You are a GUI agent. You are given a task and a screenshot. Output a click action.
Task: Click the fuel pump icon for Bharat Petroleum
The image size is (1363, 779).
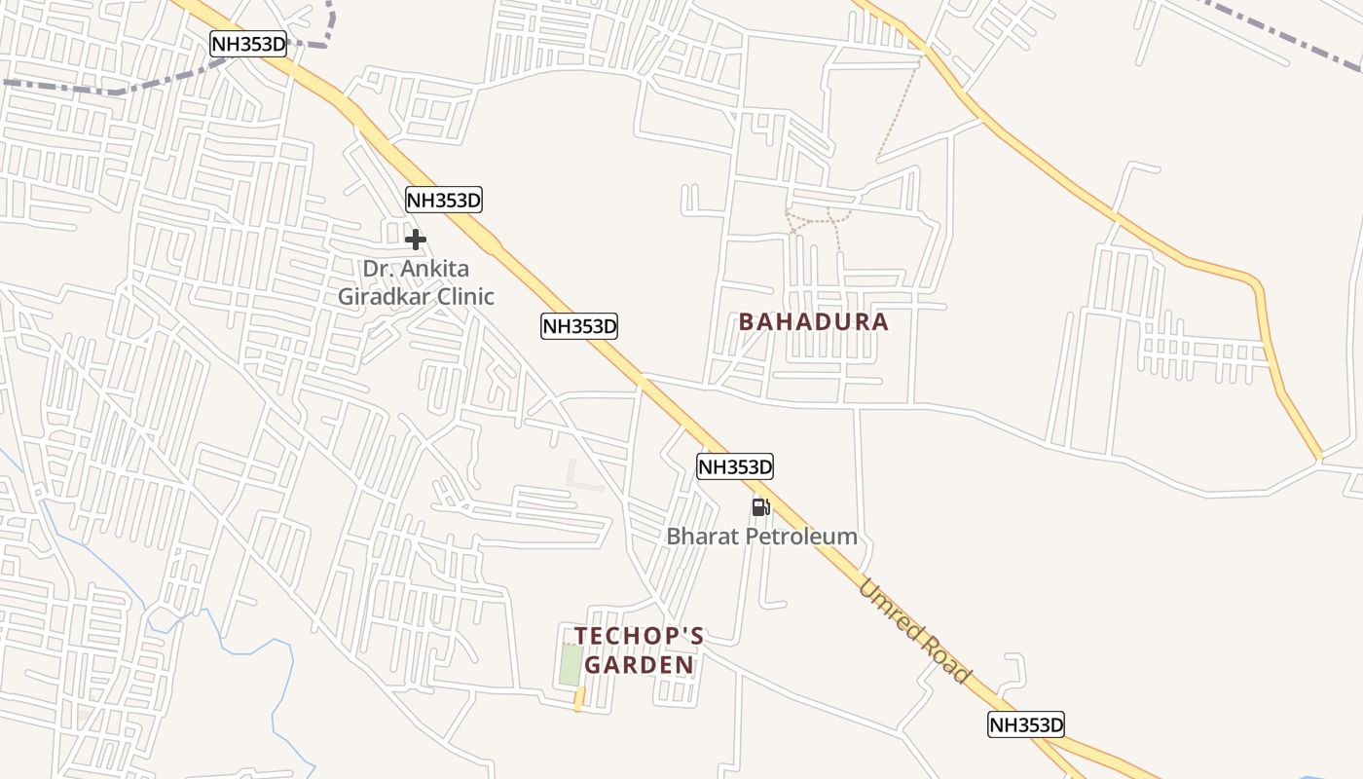pyautogui.click(x=760, y=506)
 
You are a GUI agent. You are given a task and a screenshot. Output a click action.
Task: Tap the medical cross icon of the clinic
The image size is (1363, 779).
pyautogui.click(x=416, y=240)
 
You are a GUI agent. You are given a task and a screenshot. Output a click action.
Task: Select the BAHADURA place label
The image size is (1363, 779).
pyautogui.click(x=813, y=321)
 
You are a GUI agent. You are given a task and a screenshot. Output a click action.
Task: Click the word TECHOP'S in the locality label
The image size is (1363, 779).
pyautogui.click(x=639, y=636)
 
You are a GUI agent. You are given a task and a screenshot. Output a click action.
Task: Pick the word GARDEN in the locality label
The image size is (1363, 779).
pyautogui.click(x=639, y=665)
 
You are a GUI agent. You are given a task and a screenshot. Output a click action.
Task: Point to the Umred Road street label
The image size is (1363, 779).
pyautogui.click(x=914, y=630)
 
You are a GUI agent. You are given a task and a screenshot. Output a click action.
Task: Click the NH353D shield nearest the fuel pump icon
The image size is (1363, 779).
pyautogui.click(x=734, y=467)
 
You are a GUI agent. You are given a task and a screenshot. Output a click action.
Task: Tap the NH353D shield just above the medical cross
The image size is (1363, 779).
pyautogui.click(x=444, y=201)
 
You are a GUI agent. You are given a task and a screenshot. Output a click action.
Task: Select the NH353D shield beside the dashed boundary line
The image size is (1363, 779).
pyautogui.click(x=248, y=43)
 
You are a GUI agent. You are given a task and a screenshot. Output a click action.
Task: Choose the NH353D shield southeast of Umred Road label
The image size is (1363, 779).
pyautogui.click(x=1026, y=724)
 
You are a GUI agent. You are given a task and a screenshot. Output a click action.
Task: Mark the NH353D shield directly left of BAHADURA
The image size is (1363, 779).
pyautogui.click(x=579, y=326)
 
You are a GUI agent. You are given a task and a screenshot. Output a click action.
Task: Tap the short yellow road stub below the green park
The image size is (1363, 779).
pyautogui.click(x=579, y=698)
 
